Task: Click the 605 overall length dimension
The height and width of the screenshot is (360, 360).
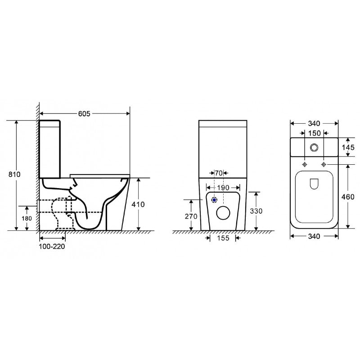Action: (84, 114)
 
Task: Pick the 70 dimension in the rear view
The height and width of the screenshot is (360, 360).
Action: (219, 173)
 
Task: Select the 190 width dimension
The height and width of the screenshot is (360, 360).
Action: (221, 187)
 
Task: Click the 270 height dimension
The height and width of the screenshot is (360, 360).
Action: (191, 216)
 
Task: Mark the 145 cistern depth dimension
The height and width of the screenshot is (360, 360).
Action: (348, 148)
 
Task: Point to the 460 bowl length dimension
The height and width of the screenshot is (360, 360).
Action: (348, 197)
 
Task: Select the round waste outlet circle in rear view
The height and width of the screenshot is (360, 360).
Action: (223, 213)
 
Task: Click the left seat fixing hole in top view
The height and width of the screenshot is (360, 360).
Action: (305, 165)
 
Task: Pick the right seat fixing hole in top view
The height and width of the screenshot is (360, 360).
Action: (323, 165)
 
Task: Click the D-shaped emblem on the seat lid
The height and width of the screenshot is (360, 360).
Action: (314, 183)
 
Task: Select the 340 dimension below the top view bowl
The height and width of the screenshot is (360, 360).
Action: (314, 237)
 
